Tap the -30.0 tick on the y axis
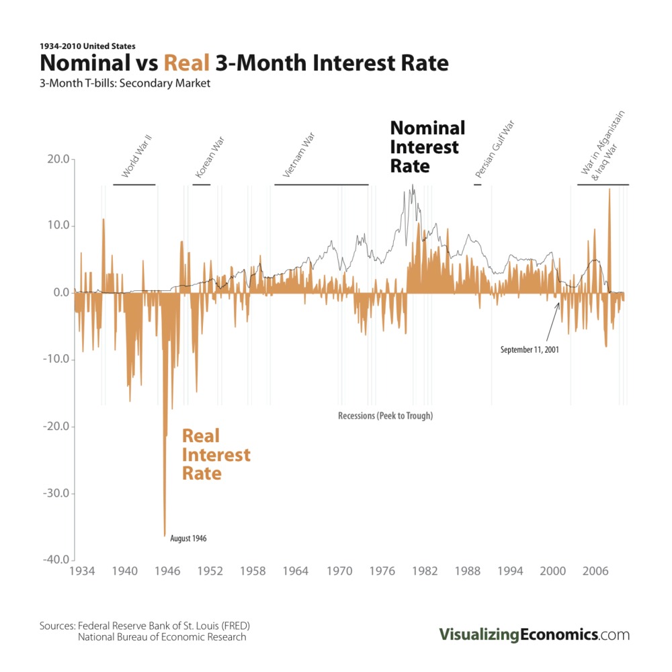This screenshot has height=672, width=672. point(55,493)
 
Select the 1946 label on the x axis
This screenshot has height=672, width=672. point(167,571)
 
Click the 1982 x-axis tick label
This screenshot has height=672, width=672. point(424,571)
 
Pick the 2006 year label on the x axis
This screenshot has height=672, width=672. point(595,571)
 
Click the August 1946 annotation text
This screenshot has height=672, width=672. point(189,538)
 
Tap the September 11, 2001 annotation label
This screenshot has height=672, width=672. point(530,349)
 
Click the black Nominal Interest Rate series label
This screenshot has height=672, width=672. point(427,146)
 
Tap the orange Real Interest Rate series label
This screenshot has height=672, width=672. point(216,455)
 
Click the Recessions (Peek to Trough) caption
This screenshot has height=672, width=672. point(385,416)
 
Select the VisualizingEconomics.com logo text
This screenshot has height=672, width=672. point(534,634)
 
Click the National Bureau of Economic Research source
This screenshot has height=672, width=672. point(162,637)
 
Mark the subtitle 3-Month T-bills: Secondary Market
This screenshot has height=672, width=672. point(125,84)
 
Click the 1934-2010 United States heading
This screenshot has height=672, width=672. point(88,46)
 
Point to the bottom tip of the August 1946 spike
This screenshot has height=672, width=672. point(165,536)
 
